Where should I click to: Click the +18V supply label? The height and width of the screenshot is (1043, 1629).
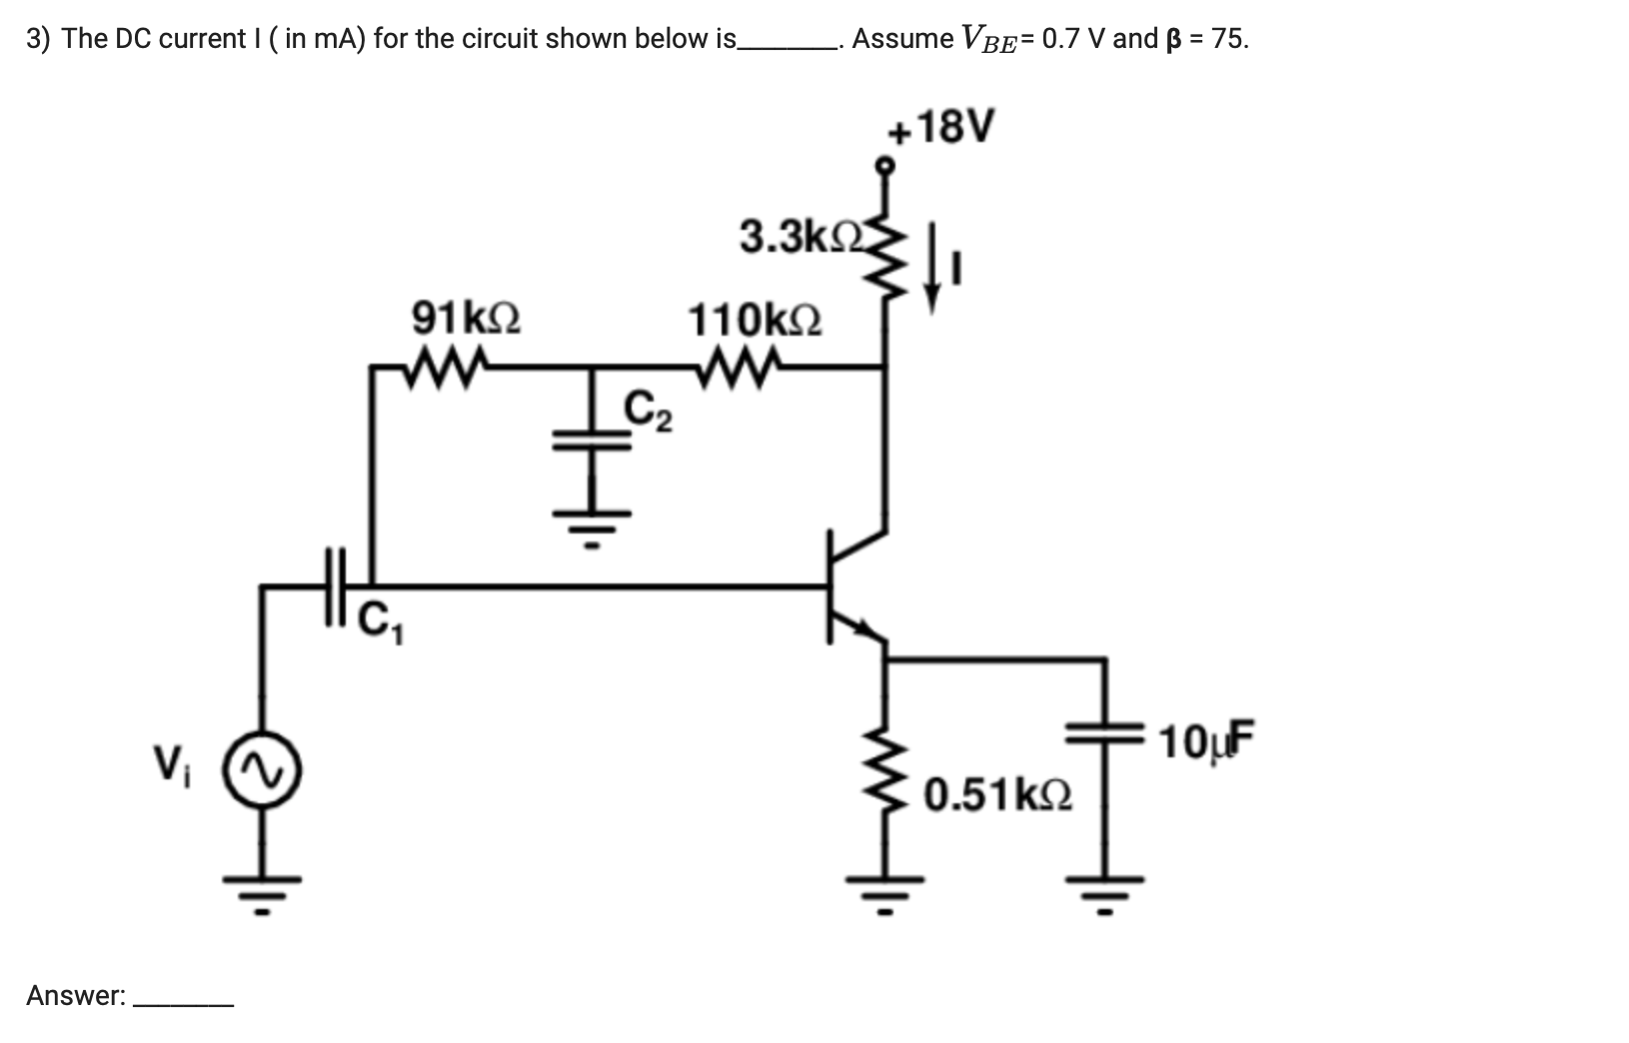941,127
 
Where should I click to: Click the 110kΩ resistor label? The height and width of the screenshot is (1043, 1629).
755,321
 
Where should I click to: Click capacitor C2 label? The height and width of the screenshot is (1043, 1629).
648,411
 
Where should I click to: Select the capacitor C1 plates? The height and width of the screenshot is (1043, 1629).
335,586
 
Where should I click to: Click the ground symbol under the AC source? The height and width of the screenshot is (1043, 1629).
263,888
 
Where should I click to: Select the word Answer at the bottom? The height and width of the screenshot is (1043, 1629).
75,995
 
